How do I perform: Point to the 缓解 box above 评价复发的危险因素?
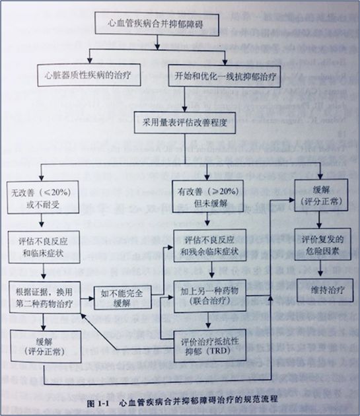318,194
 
